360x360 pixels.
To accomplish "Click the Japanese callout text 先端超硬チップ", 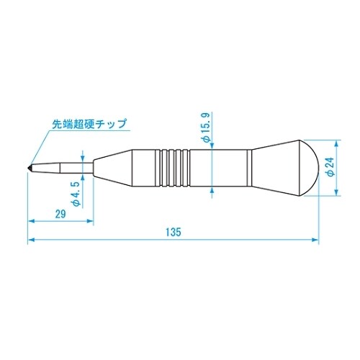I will [x=90, y=124].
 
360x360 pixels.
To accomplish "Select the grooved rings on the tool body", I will [x=173, y=166].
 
